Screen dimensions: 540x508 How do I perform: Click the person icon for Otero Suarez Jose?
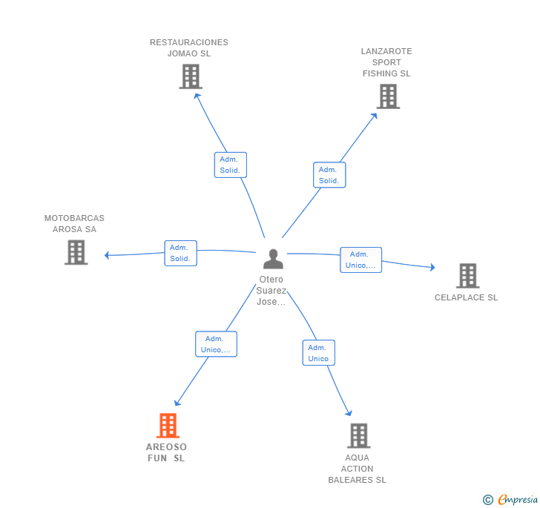(273, 259)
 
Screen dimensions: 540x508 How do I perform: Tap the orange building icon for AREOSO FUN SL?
(168, 426)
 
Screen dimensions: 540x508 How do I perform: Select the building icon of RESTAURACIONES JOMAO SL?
(191, 76)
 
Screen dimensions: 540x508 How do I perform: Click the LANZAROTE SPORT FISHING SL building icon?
(388, 96)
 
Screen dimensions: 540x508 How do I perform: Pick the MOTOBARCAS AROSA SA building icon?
(76, 252)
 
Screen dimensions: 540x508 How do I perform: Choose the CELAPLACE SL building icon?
(467, 276)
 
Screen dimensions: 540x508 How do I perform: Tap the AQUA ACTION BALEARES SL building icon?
(359, 435)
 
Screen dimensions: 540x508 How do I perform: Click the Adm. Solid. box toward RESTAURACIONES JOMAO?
(231, 165)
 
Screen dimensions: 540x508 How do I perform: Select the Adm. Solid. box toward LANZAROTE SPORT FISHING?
(329, 175)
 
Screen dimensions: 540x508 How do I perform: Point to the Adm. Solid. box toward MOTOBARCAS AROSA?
(180, 253)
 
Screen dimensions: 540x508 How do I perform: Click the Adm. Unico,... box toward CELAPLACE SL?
(360, 260)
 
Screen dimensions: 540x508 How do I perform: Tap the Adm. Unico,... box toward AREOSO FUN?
(216, 344)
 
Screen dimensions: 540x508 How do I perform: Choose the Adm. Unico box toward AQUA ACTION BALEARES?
(318, 353)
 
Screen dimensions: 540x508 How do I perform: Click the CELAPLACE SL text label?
(466, 297)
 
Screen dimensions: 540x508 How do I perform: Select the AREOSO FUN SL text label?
(166, 452)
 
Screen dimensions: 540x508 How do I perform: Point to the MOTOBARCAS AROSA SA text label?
(74, 223)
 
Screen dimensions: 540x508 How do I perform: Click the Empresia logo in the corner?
(511, 499)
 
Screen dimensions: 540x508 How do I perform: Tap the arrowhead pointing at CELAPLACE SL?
(432, 267)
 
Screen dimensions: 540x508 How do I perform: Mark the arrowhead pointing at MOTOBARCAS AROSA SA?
(107, 255)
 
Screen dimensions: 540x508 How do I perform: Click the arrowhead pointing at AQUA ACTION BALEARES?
(349, 412)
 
